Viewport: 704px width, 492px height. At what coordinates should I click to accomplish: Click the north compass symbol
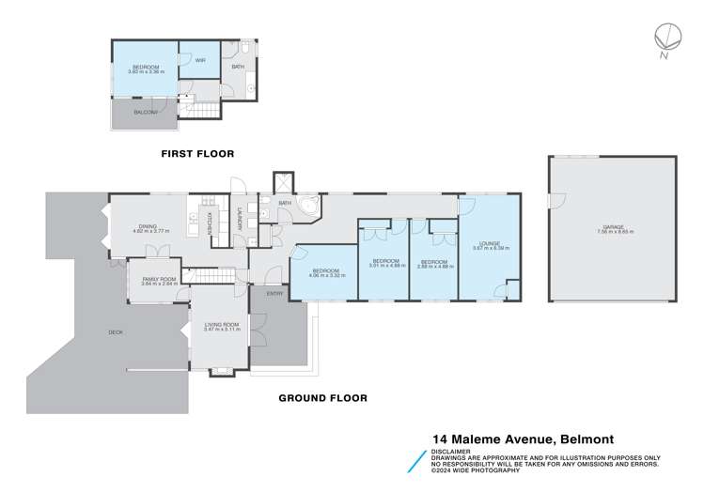(x=667, y=38)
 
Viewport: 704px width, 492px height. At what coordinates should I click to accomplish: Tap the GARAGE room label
(x=614, y=227)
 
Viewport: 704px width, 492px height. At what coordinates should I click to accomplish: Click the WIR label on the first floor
(x=198, y=60)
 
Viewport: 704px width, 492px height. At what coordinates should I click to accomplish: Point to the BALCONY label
(x=145, y=112)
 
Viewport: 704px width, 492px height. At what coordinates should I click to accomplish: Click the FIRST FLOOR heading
(x=196, y=153)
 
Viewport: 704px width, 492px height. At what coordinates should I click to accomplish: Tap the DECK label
(x=116, y=331)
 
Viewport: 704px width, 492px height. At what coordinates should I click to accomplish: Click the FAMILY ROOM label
(x=159, y=279)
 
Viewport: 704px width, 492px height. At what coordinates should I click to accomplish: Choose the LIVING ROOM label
(x=223, y=324)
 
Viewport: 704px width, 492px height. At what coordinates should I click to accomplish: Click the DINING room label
(x=148, y=225)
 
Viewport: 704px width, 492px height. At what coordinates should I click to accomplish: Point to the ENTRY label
(x=274, y=294)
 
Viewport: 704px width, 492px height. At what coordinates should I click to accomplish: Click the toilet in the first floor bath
(x=244, y=49)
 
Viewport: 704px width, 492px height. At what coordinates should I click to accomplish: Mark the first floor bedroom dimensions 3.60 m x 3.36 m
(x=146, y=72)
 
